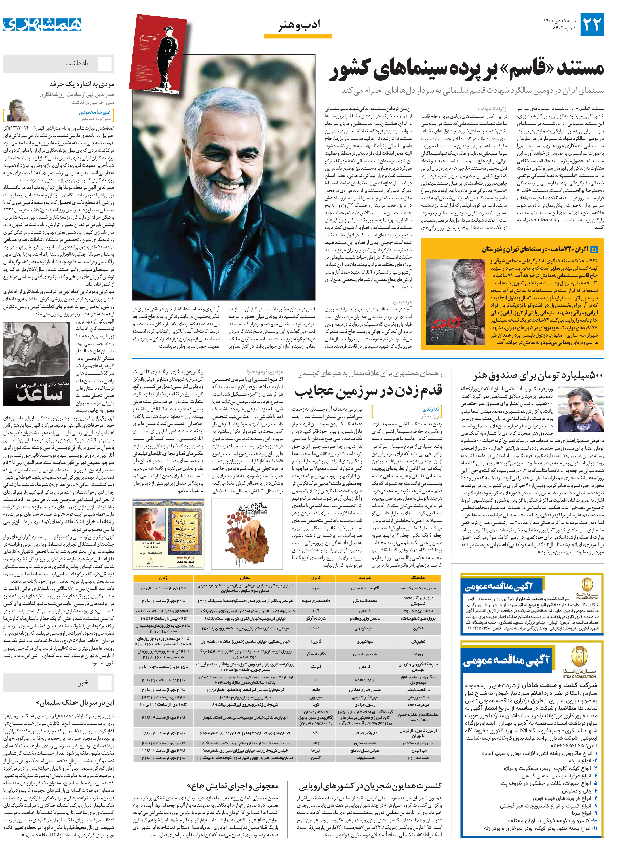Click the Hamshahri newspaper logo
(42, 25)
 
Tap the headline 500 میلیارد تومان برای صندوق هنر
(538, 375)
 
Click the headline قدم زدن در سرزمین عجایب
(368, 390)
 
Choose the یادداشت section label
(77, 64)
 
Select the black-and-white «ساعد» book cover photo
(36, 364)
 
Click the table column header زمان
(164, 578)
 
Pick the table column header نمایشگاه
(418, 578)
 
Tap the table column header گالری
(316, 578)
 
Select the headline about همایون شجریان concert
(370, 786)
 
